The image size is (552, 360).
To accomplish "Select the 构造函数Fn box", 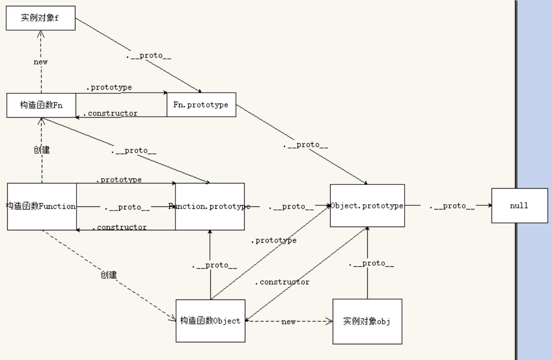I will tap(41, 105).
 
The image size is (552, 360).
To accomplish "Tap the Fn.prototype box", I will tap(200, 105).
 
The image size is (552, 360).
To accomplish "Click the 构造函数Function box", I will tap(42, 206).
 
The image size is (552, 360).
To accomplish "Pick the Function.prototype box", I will tap(209, 206).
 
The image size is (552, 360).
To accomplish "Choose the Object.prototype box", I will tap(367, 206).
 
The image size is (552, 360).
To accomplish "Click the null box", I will tap(519, 206).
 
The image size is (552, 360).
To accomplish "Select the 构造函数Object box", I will tap(210, 321).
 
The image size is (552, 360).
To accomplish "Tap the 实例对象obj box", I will tap(367, 321).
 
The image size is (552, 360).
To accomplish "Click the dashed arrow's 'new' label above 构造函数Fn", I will tap(41, 61).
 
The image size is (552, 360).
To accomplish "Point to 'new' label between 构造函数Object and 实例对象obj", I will tap(288, 321).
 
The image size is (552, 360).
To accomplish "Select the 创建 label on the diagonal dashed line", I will tap(109, 275).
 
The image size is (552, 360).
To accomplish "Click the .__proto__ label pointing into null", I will tap(452, 206).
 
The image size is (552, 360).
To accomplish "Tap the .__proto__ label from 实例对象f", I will tap(148, 55).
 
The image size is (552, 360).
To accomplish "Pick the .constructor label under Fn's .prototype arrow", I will tap(110, 113).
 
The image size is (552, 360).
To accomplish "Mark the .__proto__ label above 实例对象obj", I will tap(371, 264).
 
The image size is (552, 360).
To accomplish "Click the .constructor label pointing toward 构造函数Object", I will tap(282, 282).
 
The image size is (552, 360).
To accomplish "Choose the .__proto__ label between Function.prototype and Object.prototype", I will tap(291, 207).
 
